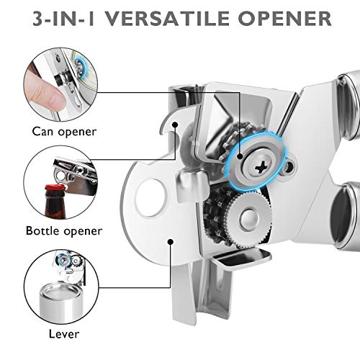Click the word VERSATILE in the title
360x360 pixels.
coord(168,18)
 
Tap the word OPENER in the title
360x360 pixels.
coord(285,18)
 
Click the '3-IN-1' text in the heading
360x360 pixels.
coord(64,18)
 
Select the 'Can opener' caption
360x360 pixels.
coord(64,132)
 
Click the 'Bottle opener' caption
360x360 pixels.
coord(64,231)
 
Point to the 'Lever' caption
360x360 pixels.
coord(64,334)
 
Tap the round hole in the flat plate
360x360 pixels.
coord(150,198)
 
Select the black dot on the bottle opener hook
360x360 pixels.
coord(175,125)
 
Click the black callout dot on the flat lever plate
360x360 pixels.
coord(171,242)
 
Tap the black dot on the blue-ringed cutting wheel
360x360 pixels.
coord(240,157)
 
